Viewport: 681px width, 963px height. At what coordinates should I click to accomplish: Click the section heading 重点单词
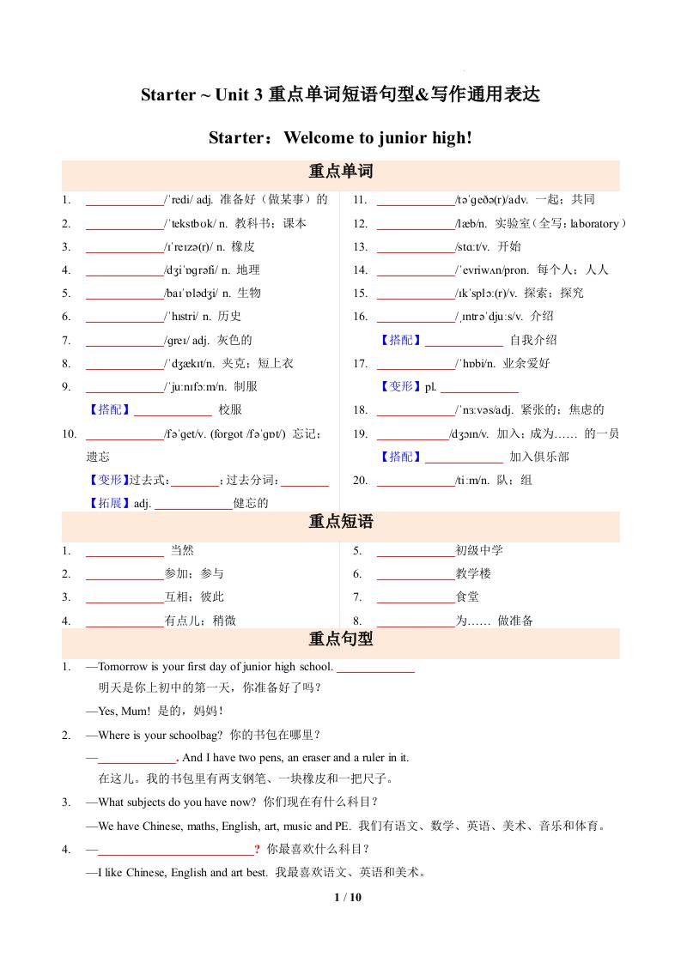tap(340, 171)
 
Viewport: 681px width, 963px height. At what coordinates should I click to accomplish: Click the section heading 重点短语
tap(340, 522)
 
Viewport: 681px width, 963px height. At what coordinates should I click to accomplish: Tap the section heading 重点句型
tap(340, 639)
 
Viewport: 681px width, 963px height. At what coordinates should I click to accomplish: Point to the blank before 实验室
tap(416, 224)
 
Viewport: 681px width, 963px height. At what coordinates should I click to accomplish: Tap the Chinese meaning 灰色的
tap(234, 340)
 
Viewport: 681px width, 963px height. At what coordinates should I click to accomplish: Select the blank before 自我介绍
tap(464, 340)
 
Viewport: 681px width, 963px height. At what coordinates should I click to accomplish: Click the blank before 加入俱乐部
tap(464, 457)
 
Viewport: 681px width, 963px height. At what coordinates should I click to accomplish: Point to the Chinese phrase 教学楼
tap(473, 573)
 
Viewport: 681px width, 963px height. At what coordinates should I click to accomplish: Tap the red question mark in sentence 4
tap(257, 850)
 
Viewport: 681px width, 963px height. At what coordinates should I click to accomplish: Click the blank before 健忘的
tap(193, 503)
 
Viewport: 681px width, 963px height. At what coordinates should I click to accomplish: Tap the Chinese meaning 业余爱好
tap(526, 363)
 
